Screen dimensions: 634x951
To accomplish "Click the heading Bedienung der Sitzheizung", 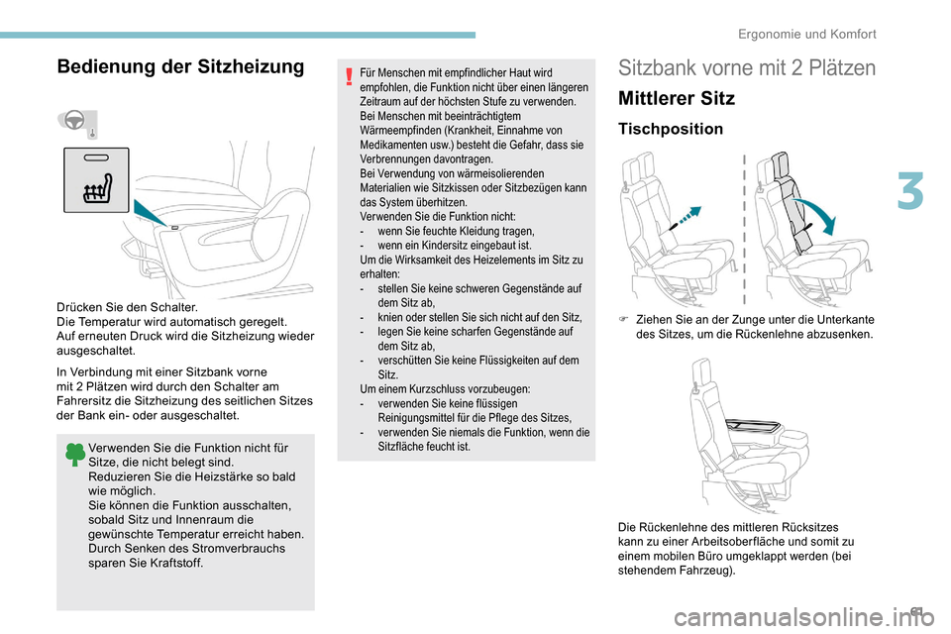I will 181,67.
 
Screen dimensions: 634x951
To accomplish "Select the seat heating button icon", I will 96,179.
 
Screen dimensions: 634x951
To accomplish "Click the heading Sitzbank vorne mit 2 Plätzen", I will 746,68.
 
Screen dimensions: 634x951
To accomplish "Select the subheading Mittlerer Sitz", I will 676,99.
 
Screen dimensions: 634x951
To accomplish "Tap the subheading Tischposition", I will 670,129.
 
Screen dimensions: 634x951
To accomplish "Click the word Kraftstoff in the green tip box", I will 176,564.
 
